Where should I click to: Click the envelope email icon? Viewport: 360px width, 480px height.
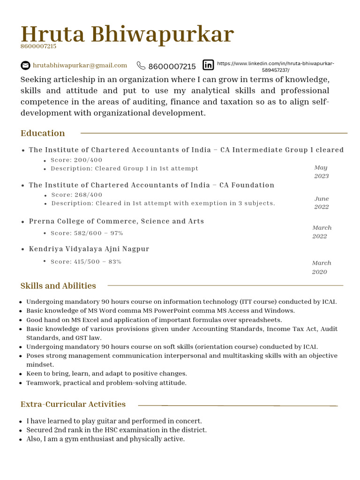pyautogui.click(x=25, y=66)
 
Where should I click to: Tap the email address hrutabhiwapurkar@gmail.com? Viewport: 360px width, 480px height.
pyautogui.click(x=80, y=65)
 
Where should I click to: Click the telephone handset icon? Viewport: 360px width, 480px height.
pyautogui.click(x=141, y=66)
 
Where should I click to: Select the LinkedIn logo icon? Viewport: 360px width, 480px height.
pyautogui.click(x=208, y=65)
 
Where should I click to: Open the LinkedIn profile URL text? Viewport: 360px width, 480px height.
pyautogui.click(x=276, y=67)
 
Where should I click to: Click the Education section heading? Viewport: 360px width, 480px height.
pyautogui.click(x=43, y=133)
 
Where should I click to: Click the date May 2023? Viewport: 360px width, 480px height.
pyautogui.click(x=321, y=172)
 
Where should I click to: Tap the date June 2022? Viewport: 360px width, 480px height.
pyautogui.click(x=322, y=202)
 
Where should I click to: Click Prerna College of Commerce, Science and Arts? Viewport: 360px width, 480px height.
pyautogui.click(x=116, y=221)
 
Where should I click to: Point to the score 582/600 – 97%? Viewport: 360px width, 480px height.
pyautogui.click(x=87, y=233)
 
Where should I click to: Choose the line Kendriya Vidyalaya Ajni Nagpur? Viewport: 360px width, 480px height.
pyautogui.click(x=89, y=249)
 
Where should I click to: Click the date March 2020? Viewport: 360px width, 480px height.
pyautogui.click(x=321, y=267)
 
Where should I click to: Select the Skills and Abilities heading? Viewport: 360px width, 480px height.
pyautogui.click(x=58, y=286)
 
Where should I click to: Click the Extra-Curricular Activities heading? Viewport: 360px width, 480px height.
pyautogui.click(x=73, y=404)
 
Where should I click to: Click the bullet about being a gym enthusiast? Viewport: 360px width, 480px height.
pyautogui.click(x=105, y=439)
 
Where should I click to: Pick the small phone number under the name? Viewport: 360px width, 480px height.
pyautogui.click(x=38, y=46)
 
